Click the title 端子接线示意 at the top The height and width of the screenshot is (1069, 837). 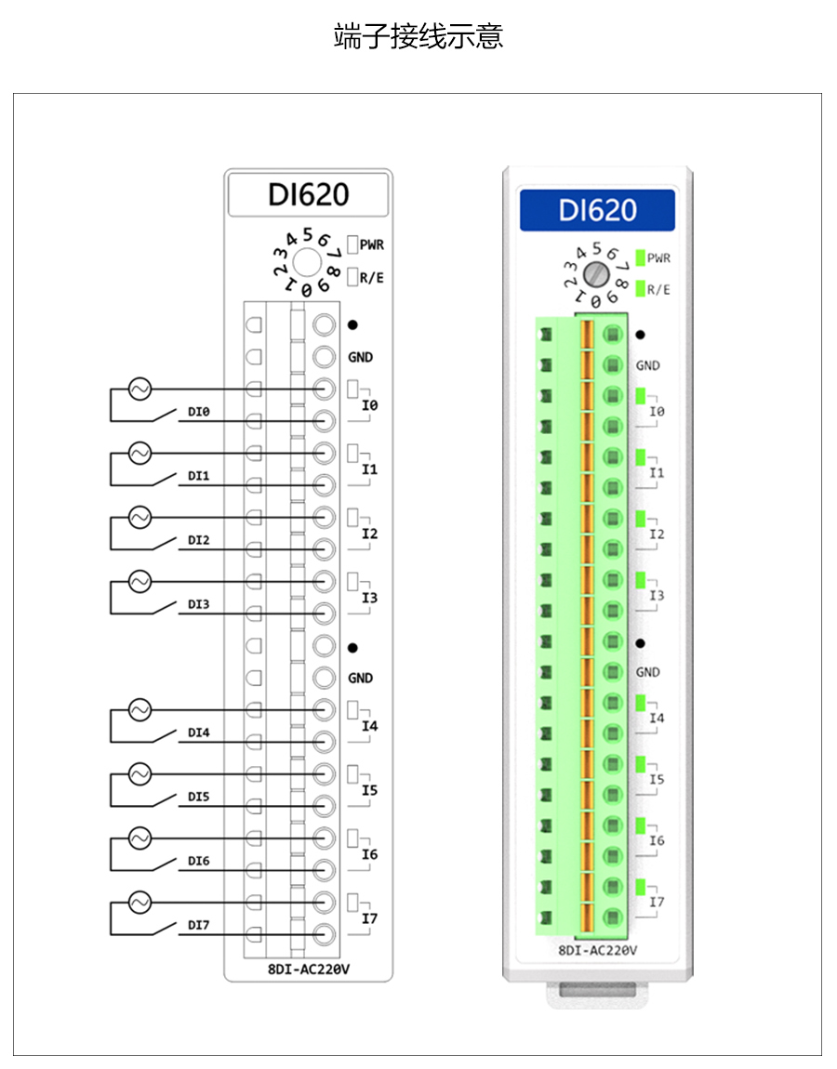[418, 37]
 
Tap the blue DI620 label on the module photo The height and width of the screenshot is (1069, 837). [597, 210]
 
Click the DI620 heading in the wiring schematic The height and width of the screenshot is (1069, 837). [308, 194]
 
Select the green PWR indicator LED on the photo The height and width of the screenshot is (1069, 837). [640, 257]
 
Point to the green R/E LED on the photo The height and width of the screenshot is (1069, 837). [640, 289]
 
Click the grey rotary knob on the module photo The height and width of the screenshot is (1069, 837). [595, 273]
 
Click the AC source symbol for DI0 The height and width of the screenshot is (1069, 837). [139, 389]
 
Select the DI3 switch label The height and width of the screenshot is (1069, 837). [198, 604]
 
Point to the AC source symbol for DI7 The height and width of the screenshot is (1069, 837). [139, 903]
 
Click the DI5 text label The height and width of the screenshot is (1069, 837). [198, 797]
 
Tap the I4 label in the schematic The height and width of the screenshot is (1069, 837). [370, 726]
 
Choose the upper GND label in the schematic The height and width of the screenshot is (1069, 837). [360, 357]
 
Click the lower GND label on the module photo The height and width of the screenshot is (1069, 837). [647, 672]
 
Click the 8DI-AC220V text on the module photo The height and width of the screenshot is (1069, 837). [597, 950]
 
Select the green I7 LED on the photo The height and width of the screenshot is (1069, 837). [641, 886]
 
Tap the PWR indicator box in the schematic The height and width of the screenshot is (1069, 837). [352, 244]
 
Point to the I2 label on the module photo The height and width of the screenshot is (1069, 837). [657, 534]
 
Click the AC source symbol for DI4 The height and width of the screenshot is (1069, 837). [139, 710]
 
